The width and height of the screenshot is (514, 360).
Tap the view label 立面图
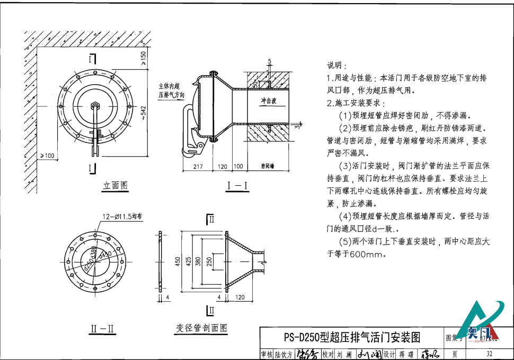click(x=115, y=185)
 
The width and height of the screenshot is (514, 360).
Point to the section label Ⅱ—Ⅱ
click(x=101, y=329)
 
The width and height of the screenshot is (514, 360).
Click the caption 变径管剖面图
click(x=201, y=328)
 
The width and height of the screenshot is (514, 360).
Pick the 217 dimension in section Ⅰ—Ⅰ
click(x=198, y=166)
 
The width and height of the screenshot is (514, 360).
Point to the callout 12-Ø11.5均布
click(x=123, y=216)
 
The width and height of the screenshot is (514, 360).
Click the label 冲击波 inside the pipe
click(x=268, y=101)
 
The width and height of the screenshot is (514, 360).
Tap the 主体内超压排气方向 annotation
click(x=171, y=90)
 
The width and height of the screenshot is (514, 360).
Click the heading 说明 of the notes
click(x=336, y=66)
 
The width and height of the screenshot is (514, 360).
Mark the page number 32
click(x=489, y=354)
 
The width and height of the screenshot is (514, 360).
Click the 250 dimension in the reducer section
click(x=209, y=261)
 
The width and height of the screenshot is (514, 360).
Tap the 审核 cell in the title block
click(x=266, y=354)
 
